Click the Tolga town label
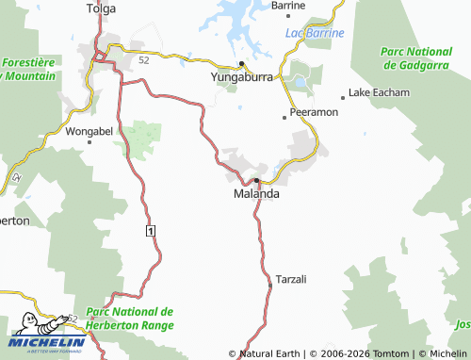[x=100, y=9]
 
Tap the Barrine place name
[x=287, y=6]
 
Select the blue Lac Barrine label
[x=314, y=33]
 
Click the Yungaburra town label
[x=241, y=78]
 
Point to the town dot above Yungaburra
[x=242, y=64]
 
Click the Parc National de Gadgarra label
[x=414, y=57]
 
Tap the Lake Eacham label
[x=379, y=93]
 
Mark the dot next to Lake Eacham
[x=343, y=96]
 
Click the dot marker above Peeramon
[x=284, y=118]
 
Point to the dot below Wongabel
[x=89, y=142]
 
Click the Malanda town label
[x=255, y=193]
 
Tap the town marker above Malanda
[x=255, y=179]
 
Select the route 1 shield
[x=150, y=230]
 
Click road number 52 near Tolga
[x=143, y=59]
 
